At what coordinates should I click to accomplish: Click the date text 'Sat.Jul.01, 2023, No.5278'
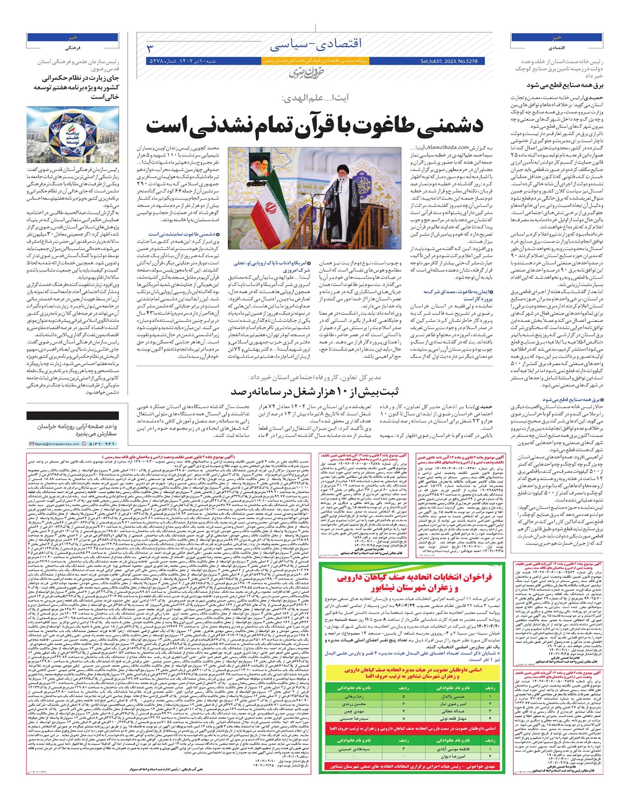pos(449,61)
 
